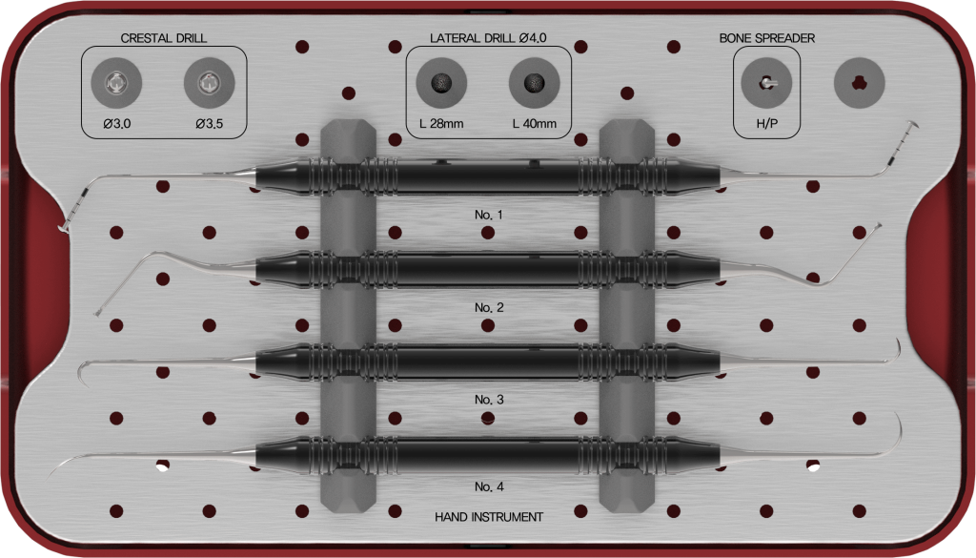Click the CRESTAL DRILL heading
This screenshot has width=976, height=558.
click(x=164, y=38)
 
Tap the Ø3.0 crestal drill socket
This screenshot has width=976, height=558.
click(x=116, y=83)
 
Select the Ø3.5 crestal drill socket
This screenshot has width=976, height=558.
click(x=209, y=83)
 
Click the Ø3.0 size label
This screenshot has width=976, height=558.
click(x=117, y=123)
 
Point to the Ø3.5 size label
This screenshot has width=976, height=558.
click(x=209, y=123)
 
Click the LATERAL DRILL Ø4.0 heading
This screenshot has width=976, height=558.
click(x=488, y=38)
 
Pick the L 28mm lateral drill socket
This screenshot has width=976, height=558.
click(x=441, y=83)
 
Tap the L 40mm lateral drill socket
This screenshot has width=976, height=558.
click(x=534, y=83)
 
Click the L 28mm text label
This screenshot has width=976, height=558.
click(x=441, y=123)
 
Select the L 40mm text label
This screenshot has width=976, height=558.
click(x=534, y=123)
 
